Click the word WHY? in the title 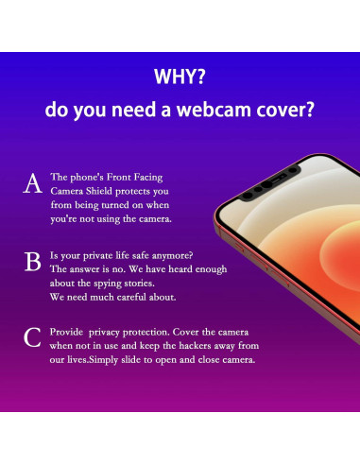(180, 75)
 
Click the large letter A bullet (32, 185)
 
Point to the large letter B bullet (32, 262)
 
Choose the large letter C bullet (32, 338)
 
